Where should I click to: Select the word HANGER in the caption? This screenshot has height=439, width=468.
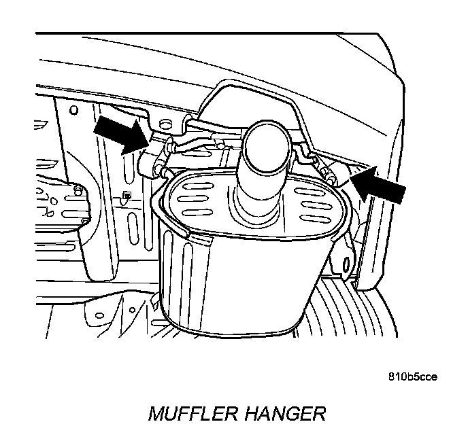[x=282, y=412]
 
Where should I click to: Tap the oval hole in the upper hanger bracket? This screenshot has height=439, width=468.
[x=181, y=122]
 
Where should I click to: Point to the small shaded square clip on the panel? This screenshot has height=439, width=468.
[x=126, y=198]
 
